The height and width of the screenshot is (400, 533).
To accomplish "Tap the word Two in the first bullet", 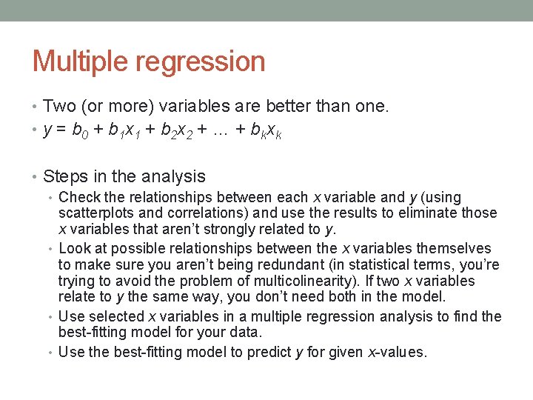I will (x=60, y=107).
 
